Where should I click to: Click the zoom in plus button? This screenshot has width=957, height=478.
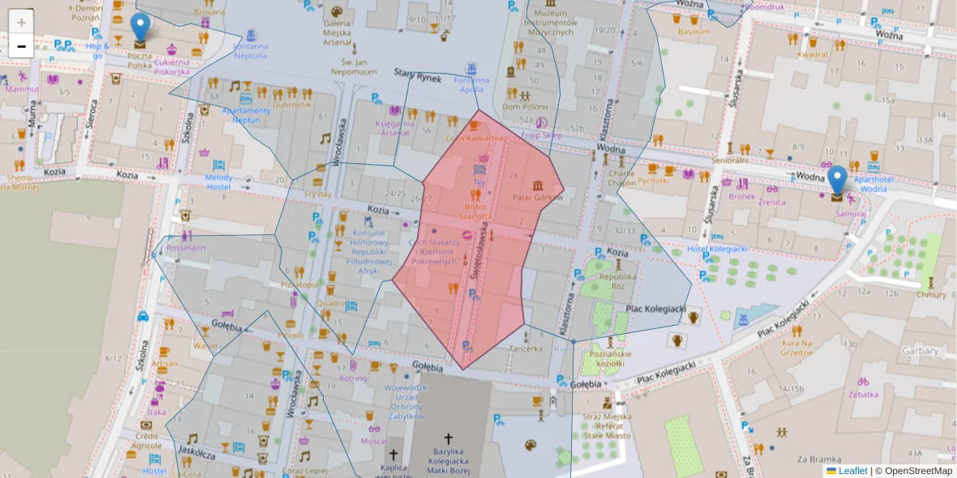click(x=22, y=22)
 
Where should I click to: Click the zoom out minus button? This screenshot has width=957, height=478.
click(x=22, y=46)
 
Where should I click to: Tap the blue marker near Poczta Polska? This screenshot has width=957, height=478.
click(x=140, y=29)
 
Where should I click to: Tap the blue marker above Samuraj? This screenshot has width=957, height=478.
click(x=837, y=181)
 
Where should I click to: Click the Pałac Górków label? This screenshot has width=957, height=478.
click(x=538, y=197)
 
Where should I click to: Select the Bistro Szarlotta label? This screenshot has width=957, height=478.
click(x=478, y=211)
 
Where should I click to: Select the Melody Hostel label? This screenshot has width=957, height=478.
click(x=219, y=182)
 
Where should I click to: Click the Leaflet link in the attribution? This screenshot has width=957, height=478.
click(x=852, y=471)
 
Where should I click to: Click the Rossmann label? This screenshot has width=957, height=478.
click(x=186, y=248)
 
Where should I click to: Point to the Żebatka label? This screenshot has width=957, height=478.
click(x=863, y=394)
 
